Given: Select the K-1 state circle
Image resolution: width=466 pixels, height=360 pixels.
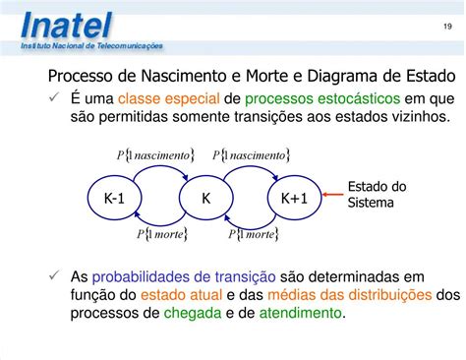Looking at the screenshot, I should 114,199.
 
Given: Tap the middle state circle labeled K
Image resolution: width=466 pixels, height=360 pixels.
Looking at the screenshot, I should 205,199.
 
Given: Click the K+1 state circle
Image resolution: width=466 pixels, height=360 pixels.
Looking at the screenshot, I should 294,199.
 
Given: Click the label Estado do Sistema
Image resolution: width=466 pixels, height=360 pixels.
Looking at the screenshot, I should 377,195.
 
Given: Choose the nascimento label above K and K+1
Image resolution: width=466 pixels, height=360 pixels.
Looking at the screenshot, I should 252,154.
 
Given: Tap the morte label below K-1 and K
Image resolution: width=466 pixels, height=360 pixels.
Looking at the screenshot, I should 162,234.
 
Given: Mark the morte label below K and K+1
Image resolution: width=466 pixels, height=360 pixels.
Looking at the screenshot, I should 254,234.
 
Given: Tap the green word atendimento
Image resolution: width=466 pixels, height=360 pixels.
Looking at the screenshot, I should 301,314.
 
